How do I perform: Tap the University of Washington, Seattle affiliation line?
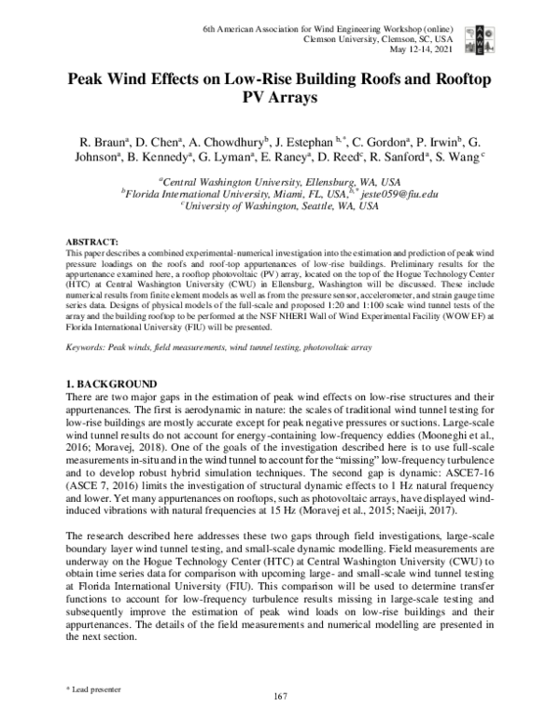click(x=279, y=206)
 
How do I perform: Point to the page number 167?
click(x=280, y=695)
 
